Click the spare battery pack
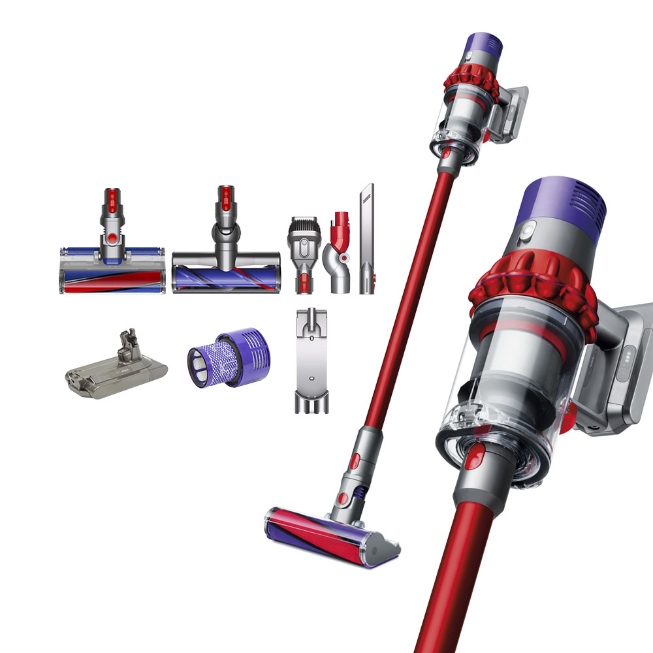[115, 368]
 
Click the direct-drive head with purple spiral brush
[226, 271]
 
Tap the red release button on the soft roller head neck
[112, 236]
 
